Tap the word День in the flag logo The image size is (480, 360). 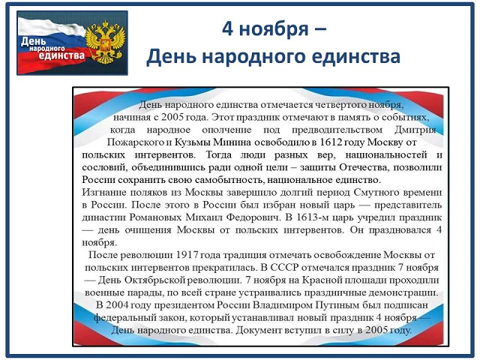33,42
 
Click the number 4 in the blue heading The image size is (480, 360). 227,29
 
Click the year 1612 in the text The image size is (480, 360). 331,142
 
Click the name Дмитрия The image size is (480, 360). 415,130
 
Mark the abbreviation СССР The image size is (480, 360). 284,268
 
